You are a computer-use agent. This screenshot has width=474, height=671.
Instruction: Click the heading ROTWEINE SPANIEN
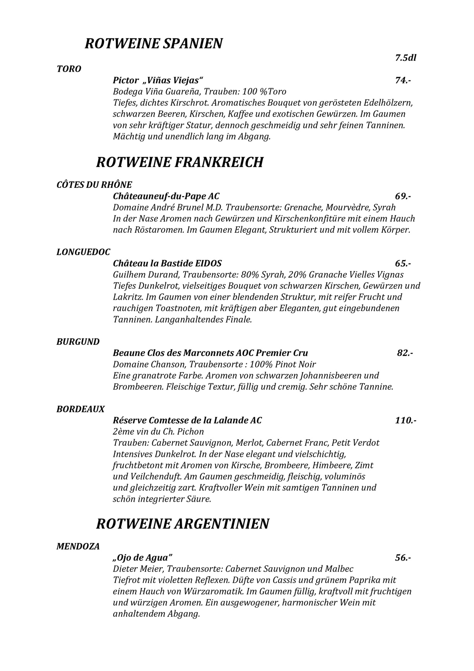(x=154, y=43)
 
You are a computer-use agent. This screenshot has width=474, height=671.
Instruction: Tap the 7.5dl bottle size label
(x=405, y=58)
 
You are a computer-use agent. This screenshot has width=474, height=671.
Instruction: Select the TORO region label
(x=69, y=69)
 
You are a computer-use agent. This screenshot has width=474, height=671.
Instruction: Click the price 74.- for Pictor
(x=403, y=80)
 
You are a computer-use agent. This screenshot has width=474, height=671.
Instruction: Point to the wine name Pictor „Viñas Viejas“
(x=158, y=80)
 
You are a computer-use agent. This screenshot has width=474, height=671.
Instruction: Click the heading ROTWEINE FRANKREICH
(x=179, y=162)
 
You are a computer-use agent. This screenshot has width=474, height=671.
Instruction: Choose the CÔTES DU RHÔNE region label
(x=94, y=184)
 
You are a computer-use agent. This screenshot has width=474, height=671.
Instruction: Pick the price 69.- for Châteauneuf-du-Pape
(x=403, y=196)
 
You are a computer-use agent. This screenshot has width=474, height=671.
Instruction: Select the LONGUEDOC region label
(x=83, y=252)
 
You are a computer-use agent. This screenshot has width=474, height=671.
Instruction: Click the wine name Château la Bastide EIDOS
(x=167, y=263)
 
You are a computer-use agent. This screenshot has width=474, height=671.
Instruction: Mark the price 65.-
(x=403, y=263)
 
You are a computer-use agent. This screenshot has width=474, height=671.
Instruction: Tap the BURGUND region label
(x=78, y=342)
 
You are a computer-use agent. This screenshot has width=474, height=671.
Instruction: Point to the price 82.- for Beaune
(x=405, y=353)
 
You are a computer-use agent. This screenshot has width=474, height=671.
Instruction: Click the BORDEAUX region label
(x=81, y=409)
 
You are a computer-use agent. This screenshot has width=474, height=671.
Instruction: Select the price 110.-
(x=405, y=420)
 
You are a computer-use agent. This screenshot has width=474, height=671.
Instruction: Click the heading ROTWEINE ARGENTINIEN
(x=182, y=524)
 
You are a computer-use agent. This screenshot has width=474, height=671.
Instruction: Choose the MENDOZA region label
(x=78, y=546)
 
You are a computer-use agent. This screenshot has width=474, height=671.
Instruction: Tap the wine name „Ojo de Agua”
(x=143, y=558)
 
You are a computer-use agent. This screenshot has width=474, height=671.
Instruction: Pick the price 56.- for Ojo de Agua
(x=403, y=558)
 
